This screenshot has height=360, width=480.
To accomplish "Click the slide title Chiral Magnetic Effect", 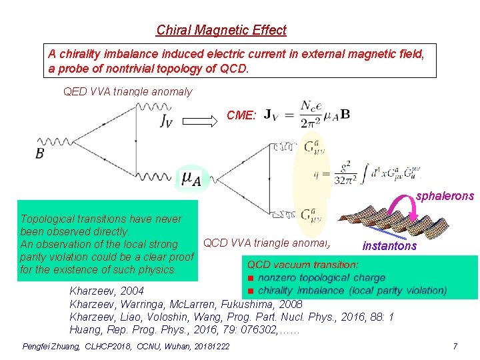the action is (x=221, y=30).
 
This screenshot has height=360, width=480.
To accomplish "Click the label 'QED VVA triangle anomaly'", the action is (x=127, y=92).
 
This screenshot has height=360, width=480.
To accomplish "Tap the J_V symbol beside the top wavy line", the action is (x=169, y=121).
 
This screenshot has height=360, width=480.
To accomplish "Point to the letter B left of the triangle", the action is (x=41, y=153).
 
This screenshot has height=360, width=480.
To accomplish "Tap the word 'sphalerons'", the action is (x=445, y=196).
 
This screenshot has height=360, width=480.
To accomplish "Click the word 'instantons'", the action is (x=389, y=246).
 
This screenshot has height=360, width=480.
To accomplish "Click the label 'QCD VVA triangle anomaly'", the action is (x=267, y=243).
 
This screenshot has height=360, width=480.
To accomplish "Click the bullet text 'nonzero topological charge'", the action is (x=321, y=277).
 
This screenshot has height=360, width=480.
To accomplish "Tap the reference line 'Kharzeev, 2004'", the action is (x=106, y=291).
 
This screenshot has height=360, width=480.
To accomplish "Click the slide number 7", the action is (x=455, y=347).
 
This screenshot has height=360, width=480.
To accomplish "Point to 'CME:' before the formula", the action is (x=241, y=115).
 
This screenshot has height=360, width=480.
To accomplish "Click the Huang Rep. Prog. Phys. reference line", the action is (x=185, y=329).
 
